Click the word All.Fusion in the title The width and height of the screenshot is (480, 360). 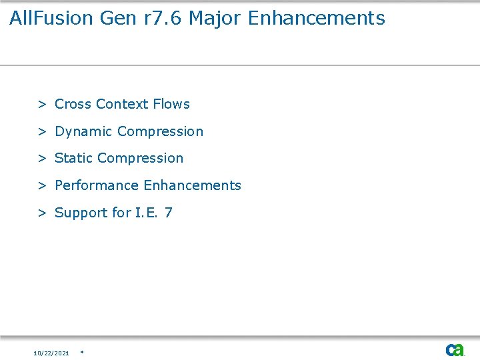(51, 18)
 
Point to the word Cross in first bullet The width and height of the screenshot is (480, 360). (73, 104)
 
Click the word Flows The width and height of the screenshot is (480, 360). (171, 104)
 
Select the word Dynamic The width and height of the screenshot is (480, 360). (83, 131)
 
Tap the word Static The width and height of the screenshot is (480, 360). (73, 158)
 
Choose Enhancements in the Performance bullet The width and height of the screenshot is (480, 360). (193, 185)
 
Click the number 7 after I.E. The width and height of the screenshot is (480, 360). (169, 213)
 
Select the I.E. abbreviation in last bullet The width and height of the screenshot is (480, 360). (146, 213)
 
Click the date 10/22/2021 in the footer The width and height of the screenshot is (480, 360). (51, 353)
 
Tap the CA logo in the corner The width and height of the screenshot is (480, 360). (455, 350)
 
